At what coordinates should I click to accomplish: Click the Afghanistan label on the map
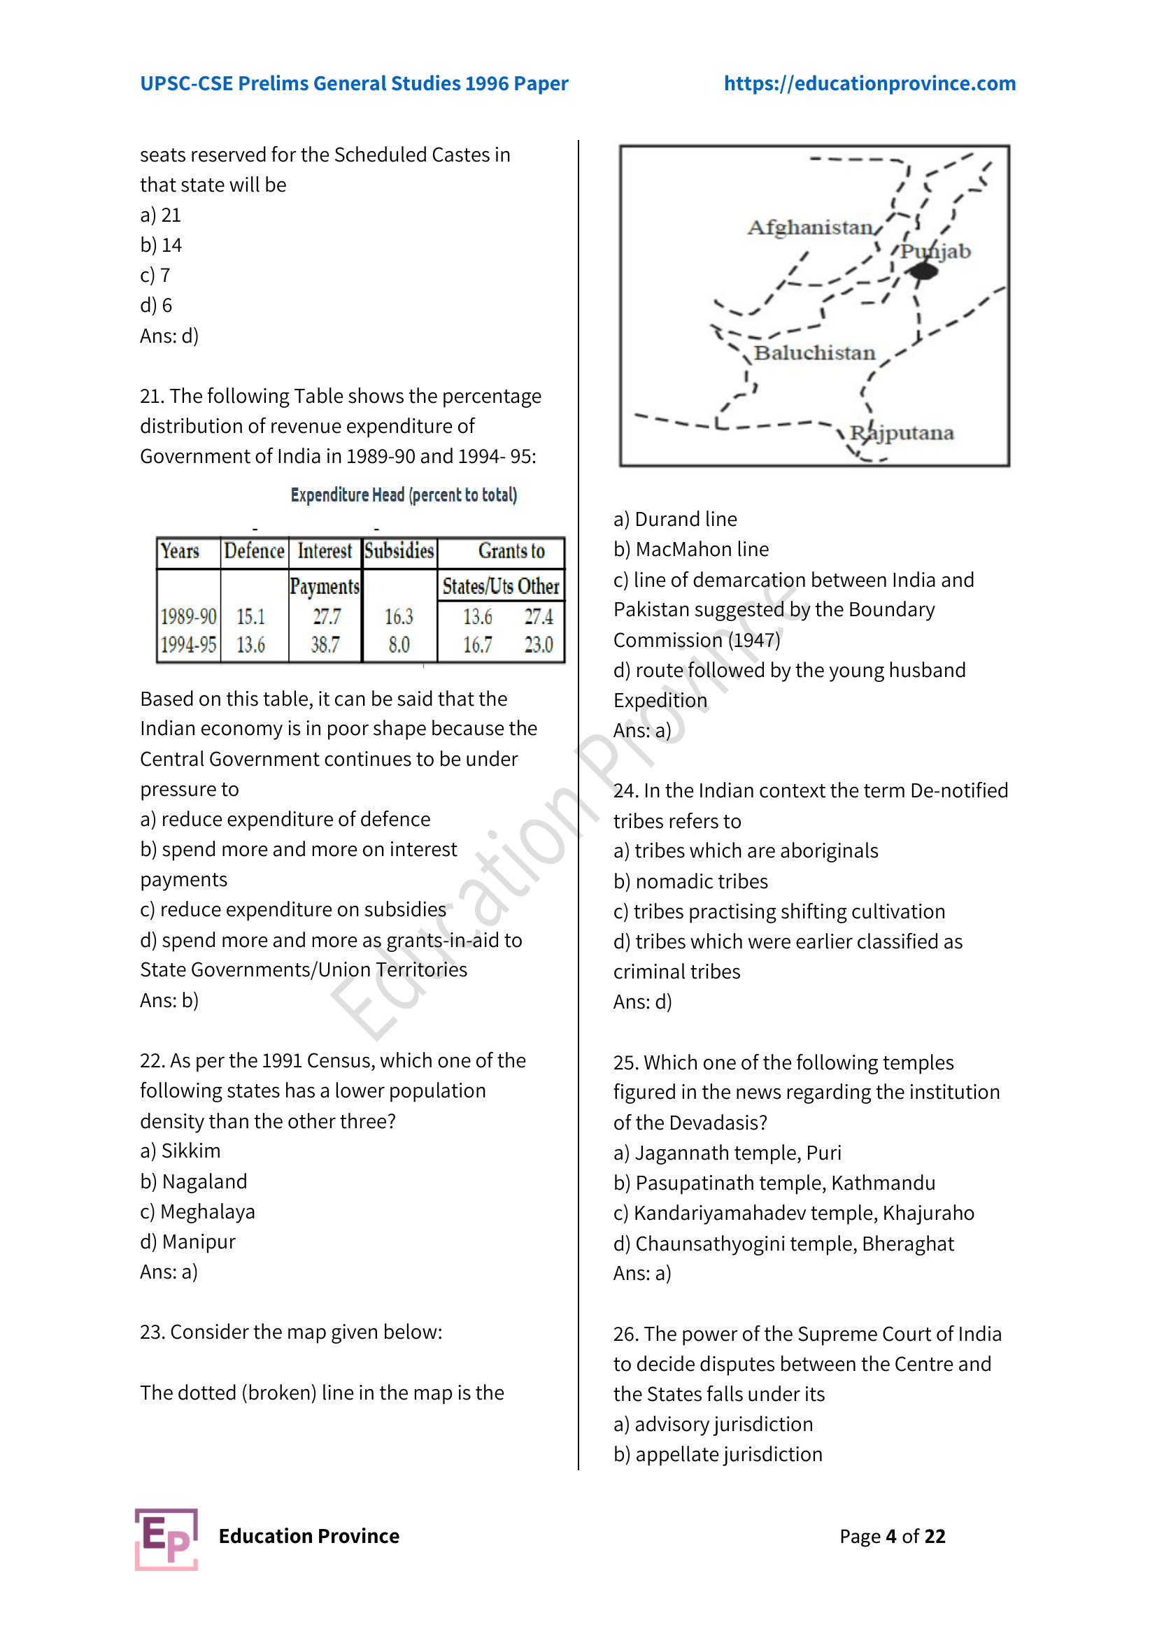point(810,227)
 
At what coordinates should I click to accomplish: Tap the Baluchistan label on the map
point(814,353)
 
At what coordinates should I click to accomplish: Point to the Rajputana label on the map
point(901,432)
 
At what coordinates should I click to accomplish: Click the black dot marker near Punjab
point(923,271)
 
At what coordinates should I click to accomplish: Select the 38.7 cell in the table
point(325,645)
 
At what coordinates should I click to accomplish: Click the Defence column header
point(255,551)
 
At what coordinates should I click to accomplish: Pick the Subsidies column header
point(399,551)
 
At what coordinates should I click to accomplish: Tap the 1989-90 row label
point(188,616)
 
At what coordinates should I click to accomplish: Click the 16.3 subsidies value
point(399,616)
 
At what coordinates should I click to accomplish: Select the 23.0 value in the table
point(539,645)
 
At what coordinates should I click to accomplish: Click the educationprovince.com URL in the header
point(869,83)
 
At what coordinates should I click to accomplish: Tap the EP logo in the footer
point(166,1538)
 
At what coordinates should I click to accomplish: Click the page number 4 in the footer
point(890,1536)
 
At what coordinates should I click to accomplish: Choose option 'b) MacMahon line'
point(690,549)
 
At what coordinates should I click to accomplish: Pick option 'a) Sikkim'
point(180,1151)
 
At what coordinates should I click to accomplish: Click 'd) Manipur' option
point(187,1242)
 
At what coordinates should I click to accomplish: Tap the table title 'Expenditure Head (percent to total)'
point(403,495)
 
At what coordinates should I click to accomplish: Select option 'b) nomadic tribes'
point(690,881)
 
